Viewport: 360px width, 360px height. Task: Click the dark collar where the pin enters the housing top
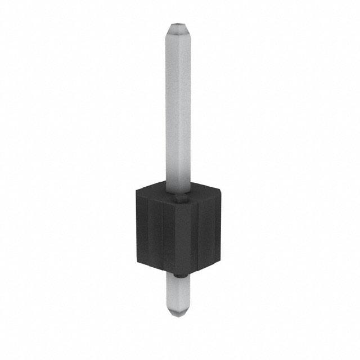(x=179, y=197)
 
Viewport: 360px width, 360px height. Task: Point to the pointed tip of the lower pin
(x=179, y=316)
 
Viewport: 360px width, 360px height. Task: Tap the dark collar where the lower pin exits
(x=179, y=275)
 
